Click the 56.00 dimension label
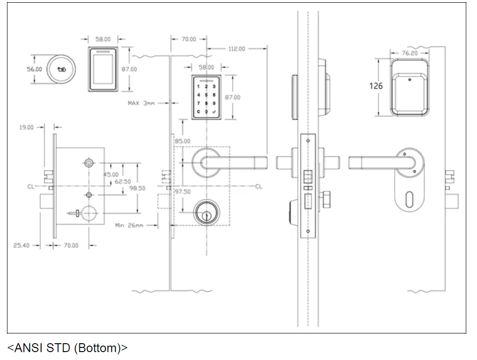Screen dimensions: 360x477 coord(34,69)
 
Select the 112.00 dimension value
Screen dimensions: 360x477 coord(237,48)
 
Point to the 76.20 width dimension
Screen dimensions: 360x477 coord(409,54)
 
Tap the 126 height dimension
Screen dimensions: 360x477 coord(376,86)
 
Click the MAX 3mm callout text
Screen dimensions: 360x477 coord(141,103)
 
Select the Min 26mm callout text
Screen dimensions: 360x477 coord(129,226)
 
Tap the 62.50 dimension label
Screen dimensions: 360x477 coord(122,181)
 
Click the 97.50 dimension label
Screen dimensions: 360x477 coord(182,192)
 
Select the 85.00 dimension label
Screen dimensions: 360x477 coord(182,141)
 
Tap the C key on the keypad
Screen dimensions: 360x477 coord(198,112)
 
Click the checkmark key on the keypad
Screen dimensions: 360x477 coord(214,112)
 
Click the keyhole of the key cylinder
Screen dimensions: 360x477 coord(206,215)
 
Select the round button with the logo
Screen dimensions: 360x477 coord(61,69)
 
